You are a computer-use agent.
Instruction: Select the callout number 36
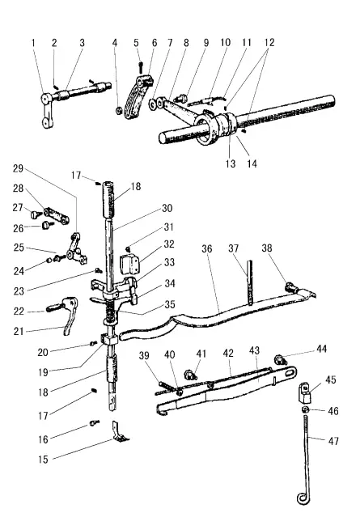(x=206, y=249)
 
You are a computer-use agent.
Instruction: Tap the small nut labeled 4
(x=119, y=108)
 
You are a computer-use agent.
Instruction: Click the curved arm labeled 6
(x=142, y=93)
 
